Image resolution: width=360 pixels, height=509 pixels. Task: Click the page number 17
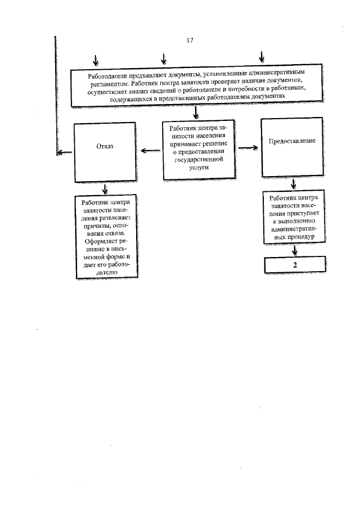pyautogui.click(x=189, y=40)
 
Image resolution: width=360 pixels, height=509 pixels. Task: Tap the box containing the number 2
pyautogui.click(x=294, y=264)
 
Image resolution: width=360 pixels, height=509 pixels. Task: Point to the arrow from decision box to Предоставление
pyautogui.click(x=248, y=148)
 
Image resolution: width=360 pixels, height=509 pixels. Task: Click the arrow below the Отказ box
pyautogui.click(x=104, y=188)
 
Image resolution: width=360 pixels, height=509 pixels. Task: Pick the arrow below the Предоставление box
pyautogui.click(x=294, y=184)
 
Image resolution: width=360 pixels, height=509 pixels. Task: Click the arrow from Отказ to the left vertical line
pyautogui.click(x=65, y=151)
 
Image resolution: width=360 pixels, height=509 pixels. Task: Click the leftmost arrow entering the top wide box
pyautogui.click(x=97, y=58)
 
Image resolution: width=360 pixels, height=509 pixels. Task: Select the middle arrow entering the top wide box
pyautogui.click(x=164, y=58)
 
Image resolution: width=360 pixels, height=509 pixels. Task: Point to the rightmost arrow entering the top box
pyautogui.click(x=261, y=57)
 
